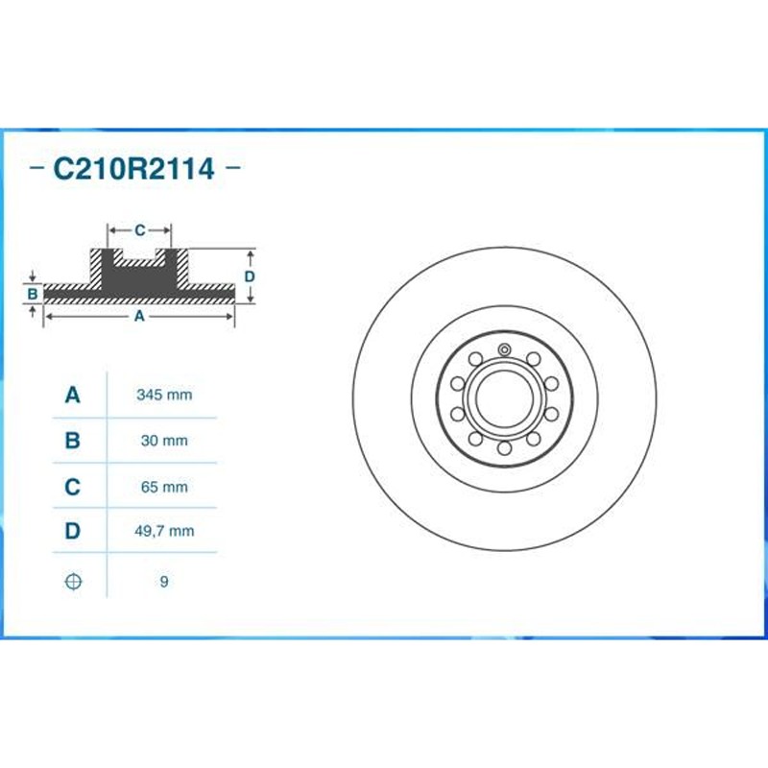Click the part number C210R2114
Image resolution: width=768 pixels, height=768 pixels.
(133, 169)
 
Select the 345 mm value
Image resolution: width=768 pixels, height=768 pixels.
(164, 395)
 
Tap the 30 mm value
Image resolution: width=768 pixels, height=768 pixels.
(164, 441)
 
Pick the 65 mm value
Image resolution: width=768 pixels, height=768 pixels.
(164, 488)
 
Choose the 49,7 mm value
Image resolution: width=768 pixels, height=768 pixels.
(164, 531)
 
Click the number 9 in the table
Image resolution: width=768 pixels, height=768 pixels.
(164, 582)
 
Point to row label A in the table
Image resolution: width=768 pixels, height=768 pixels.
(73, 395)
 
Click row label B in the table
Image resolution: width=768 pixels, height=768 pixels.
(73, 441)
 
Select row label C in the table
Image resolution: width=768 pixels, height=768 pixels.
(73, 488)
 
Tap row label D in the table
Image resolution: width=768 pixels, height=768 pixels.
(73, 531)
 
